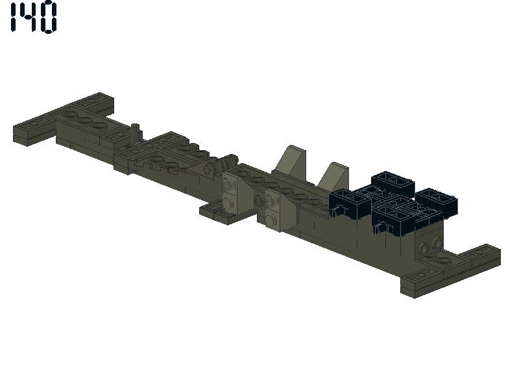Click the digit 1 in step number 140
pyautogui.click(x=14, y=18)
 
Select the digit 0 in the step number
pyautogui.click(x=49, y=18)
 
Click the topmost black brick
pyautogui.click(x=393, y=183)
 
